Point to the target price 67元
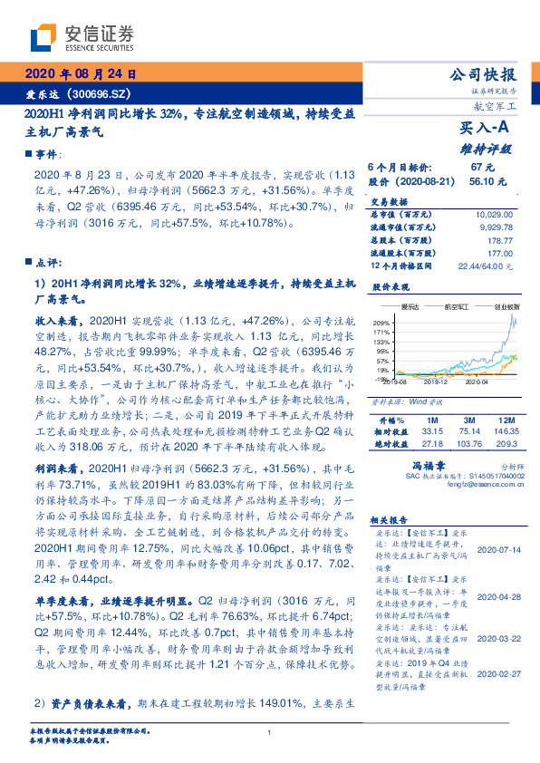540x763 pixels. coord(481,168)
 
